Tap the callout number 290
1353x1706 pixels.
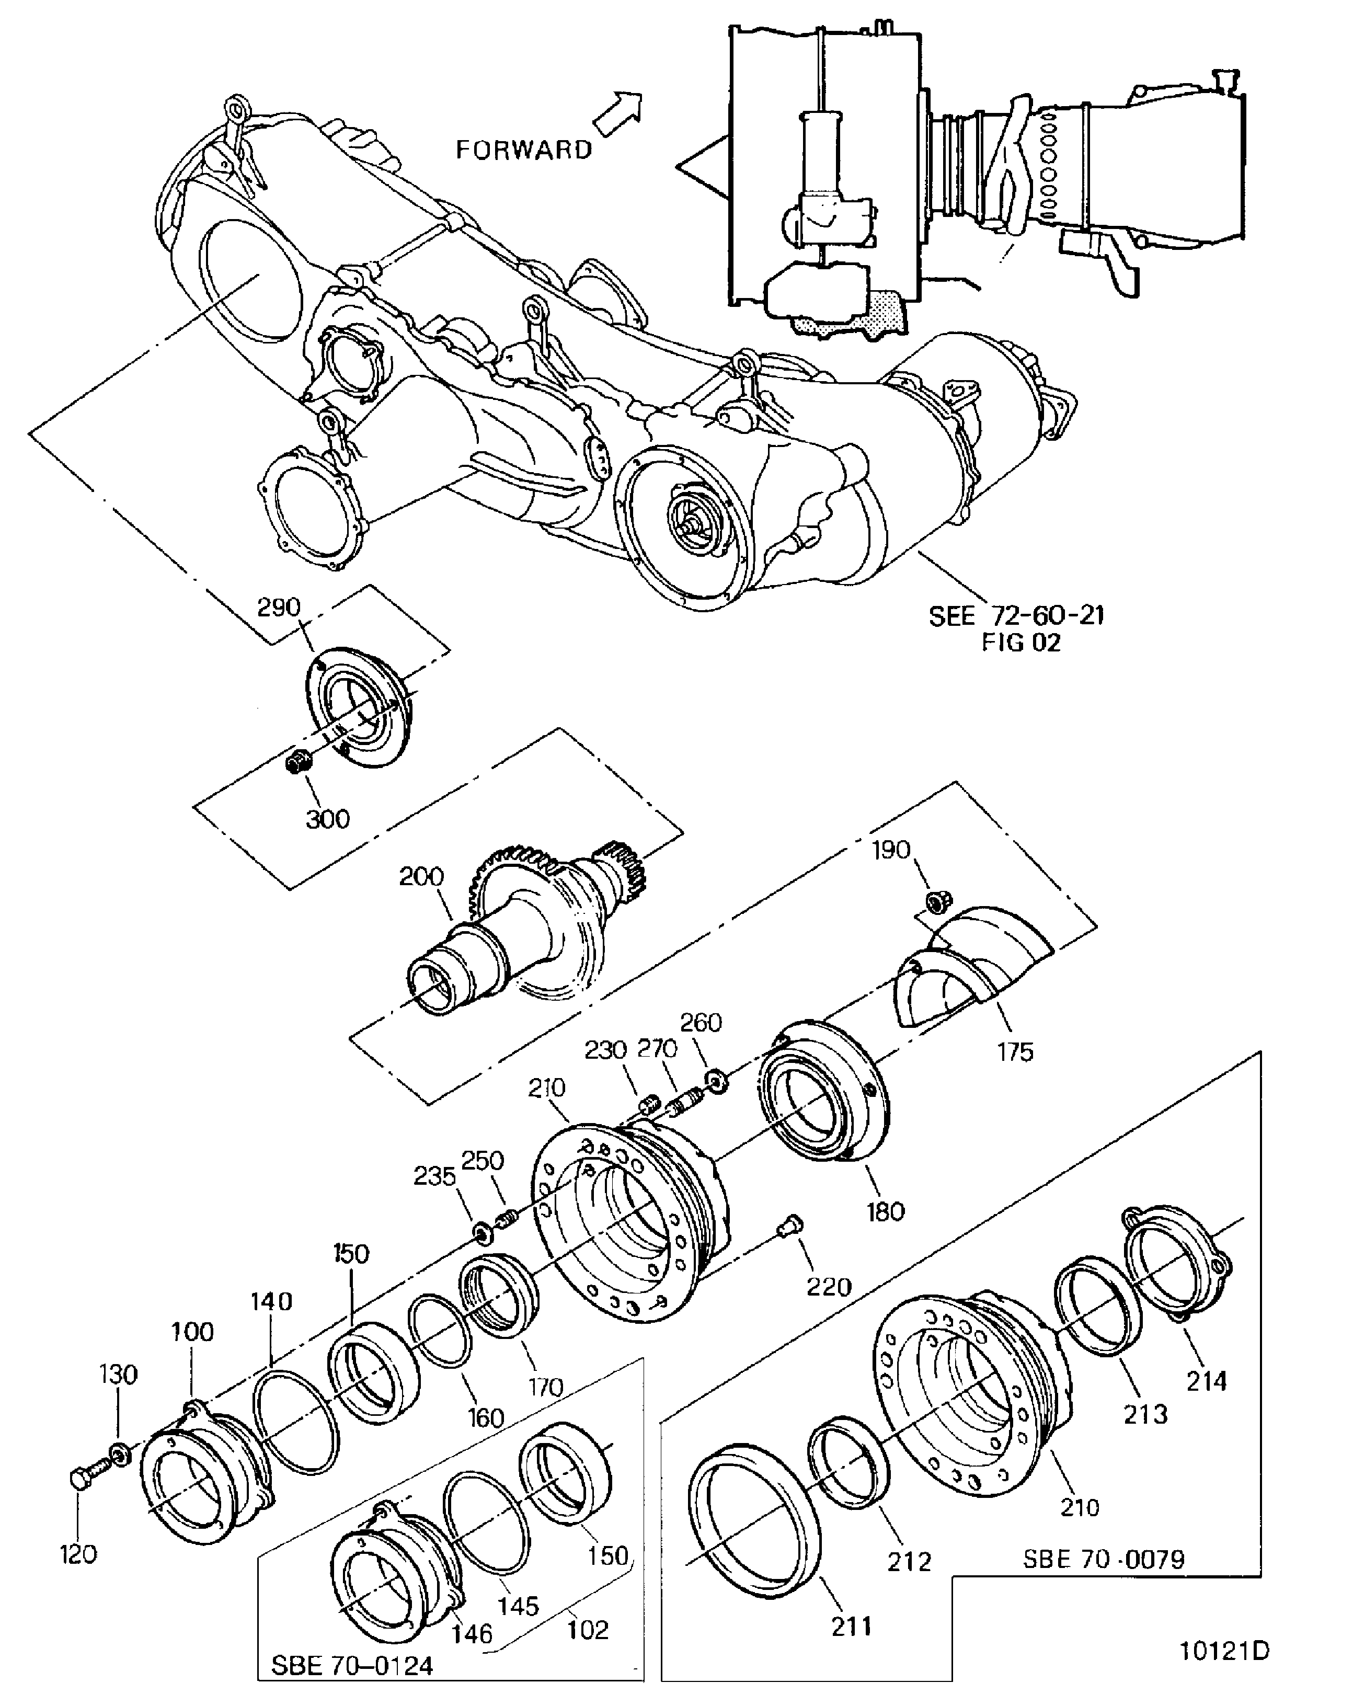(279, 607)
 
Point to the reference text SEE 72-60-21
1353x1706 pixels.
(1016, 615)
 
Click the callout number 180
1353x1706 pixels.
(885, 1211)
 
